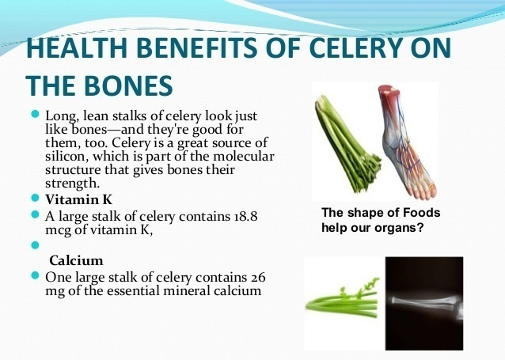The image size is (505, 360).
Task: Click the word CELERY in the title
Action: point(355,47)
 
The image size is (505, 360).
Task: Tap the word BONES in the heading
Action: point(128,85)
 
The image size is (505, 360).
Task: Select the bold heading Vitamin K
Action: point(78,199)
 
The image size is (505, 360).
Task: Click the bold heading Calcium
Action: point(76,260)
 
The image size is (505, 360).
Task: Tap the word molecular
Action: point(244,156)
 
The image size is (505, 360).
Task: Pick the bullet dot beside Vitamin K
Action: point(35,197)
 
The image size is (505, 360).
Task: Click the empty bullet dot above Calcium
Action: point(35,245)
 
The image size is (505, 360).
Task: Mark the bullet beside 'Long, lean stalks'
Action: point(35,114)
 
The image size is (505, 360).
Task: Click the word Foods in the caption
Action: point(422,213)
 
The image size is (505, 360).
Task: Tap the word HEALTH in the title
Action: point(77,47)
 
